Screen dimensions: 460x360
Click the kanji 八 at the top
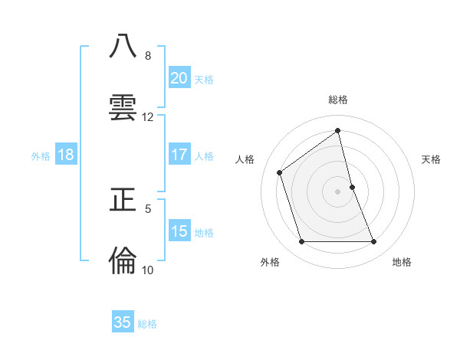tap(123, 46)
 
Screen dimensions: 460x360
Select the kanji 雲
tap(123, 106)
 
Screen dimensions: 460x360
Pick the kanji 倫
tap(123, 260)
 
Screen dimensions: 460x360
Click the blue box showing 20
tap(179, 78)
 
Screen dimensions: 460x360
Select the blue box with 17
tap(179, 155)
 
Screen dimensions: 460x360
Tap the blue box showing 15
tap(179, 231)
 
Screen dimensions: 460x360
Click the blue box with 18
tap(66, 155)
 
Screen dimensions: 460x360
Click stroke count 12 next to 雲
tap(148, 117)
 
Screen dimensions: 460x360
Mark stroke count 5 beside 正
tap(148, 208)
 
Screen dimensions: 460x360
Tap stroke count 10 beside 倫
tap(148, 270)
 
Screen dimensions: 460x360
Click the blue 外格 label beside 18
tap(41, 156)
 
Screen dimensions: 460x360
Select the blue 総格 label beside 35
tap(147, 324)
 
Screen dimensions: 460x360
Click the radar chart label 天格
tap(431, 159)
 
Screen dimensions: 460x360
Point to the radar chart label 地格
tap(402, 262)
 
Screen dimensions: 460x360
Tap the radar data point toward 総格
tap(337, 130)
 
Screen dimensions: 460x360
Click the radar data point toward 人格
tap(279, 172)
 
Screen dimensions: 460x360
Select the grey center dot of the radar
tap(337, 191)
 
